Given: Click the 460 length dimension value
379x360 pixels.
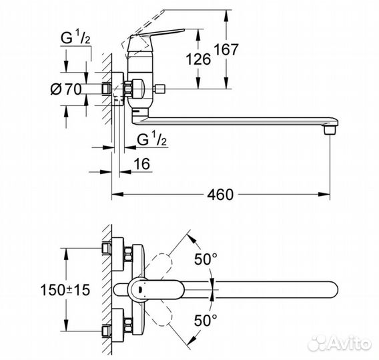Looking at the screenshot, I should (220, 195).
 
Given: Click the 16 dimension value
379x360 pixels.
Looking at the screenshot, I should (140, 164).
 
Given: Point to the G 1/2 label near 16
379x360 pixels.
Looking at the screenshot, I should (151, 140).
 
